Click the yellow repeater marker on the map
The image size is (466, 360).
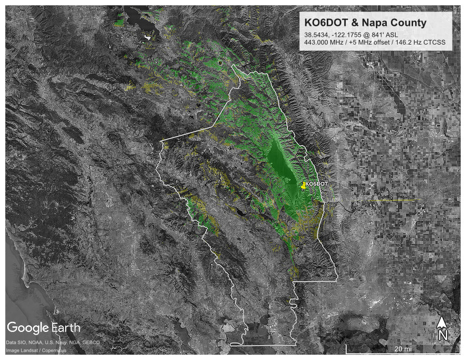pyautogui.click(x=303, y=185)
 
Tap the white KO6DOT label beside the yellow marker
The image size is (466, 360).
pyautogui.click(x=316, y=184)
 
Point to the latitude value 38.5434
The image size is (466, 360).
pyautogui.click(x=317, y=34)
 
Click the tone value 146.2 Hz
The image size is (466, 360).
pyautogui.click(x=412, y=42)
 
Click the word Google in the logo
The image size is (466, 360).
pyautogui.click(x=27, y=327)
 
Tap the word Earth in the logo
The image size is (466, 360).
pyautogui.click(x=66, y=327)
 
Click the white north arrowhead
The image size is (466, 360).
pyautogui.click(x=442, y=322)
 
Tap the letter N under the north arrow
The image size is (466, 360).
pyautogui.click(x=443, y=335)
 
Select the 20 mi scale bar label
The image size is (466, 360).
pyautogui.click(x=402, y=349)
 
